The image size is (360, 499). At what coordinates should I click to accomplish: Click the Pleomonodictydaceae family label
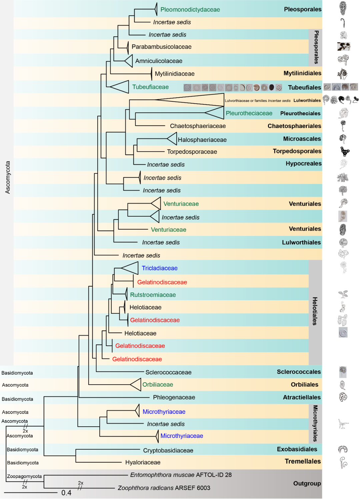190,10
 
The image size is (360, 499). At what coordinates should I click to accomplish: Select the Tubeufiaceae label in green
150,87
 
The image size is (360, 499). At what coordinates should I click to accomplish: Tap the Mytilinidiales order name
302,73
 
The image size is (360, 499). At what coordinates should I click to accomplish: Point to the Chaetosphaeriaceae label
198,126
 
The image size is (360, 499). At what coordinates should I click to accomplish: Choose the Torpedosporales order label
297,151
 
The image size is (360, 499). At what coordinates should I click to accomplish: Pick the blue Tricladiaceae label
159,268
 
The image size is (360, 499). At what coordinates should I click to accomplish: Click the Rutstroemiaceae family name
153,295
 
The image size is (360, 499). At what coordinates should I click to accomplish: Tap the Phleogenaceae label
174,397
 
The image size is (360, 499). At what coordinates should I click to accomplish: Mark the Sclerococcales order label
299,372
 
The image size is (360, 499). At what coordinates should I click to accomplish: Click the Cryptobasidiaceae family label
168,451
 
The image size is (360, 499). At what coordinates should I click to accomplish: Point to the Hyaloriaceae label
143,463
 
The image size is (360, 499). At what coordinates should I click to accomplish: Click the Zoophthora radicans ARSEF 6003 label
164,488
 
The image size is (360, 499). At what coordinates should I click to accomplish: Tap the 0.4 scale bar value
66,493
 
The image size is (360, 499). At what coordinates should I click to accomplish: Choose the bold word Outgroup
307,484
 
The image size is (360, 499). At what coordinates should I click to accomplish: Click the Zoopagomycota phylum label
24,476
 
